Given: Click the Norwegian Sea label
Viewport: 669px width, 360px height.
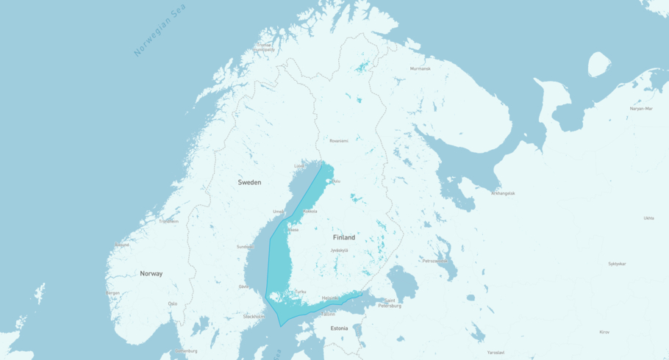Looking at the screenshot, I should [x=160, y=31].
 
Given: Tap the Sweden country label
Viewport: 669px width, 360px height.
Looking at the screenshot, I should [x=249, y=182].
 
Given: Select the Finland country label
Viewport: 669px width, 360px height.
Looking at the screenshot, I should [x=343, y=237].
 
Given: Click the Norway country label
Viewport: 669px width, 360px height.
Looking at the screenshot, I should [x=151, y=273].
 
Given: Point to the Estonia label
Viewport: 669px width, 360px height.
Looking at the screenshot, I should [x=339, y=328].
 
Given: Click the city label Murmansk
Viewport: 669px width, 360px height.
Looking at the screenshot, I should [x=421, y=68].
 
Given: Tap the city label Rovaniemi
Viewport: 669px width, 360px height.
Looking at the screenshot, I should [x=339, y=140].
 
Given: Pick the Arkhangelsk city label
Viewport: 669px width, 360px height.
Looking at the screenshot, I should [x=504, y=193].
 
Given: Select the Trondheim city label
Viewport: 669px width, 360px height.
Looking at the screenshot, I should [x=168, y=221].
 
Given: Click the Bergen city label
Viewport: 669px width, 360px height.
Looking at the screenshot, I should [x=112, y=292].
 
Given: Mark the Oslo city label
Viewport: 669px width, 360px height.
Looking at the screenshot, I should [x=173, y=303].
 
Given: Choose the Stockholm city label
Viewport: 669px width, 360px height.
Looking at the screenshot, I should [x=254, y=316].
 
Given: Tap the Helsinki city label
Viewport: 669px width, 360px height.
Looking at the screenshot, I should [x=330, y=298].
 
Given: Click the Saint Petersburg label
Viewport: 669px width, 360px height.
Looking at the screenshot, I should [x=390, y=303].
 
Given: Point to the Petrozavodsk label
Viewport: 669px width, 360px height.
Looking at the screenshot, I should [x=434, y=260].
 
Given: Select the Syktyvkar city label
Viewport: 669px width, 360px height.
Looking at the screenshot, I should [x=617, y=263].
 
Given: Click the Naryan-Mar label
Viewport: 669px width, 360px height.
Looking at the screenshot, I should [x=641, y=108].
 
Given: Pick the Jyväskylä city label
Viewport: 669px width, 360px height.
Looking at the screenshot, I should [x=339, y=251].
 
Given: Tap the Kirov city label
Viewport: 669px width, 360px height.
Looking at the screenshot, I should [x=604, y=331].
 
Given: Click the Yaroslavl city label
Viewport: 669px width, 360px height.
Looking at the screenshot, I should [x=496, y=352].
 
